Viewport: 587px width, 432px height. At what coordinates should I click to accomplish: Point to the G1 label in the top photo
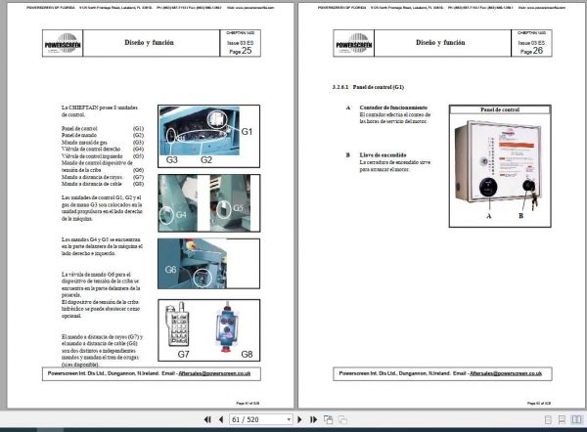pos(248,130)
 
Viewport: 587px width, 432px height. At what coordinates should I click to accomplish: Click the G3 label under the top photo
pos(171,158)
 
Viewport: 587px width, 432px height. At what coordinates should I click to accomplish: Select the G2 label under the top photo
pos(206,158)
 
